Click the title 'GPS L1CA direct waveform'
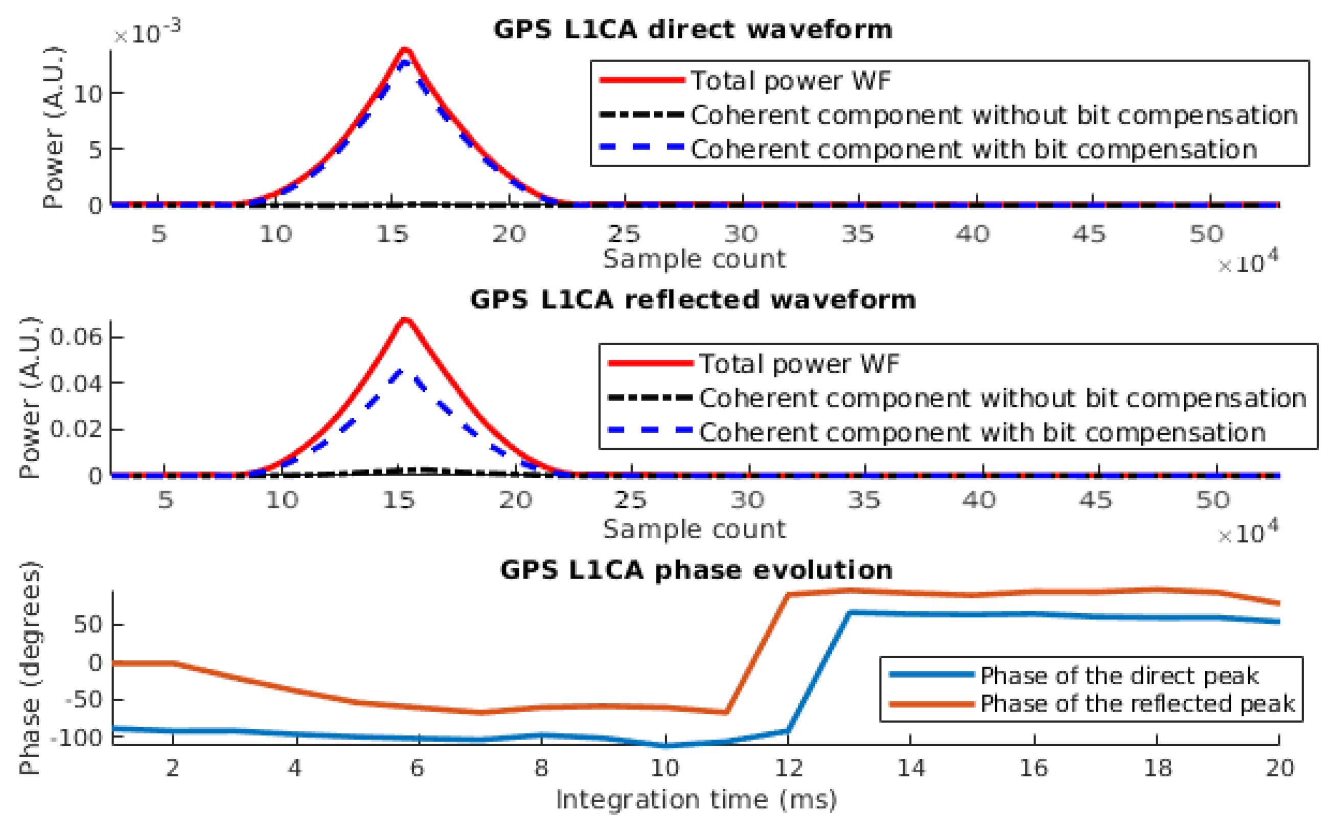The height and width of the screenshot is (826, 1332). [692, 30]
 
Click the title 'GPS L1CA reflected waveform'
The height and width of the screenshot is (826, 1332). [692, 300]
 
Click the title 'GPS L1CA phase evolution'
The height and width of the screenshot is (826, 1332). [696, 570]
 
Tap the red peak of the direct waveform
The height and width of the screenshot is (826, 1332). [405, 51]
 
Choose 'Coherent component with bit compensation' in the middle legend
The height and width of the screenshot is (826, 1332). [981, 433]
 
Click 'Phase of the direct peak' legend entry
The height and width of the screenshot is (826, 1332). [1118, 676]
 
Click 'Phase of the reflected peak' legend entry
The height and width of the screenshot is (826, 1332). [1137, 704]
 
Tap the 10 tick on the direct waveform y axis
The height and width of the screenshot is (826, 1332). [88, 95]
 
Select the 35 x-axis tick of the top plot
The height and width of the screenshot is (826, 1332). [858, 234]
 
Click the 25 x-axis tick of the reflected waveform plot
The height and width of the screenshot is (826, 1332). [631, 500]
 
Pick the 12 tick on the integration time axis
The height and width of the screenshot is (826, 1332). [788, 769]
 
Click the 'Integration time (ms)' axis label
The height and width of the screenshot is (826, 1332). [696, 800]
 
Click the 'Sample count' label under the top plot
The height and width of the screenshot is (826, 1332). [694, 259]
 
